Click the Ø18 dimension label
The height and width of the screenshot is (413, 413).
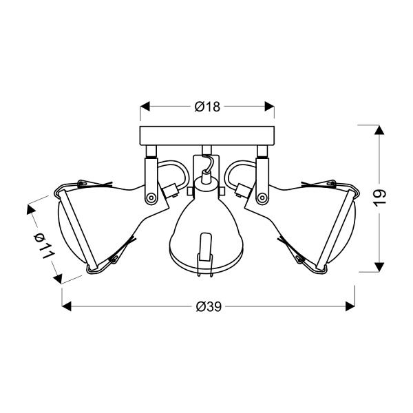tap(207, 107)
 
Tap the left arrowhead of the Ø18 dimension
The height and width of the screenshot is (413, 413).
tap(145, 107)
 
